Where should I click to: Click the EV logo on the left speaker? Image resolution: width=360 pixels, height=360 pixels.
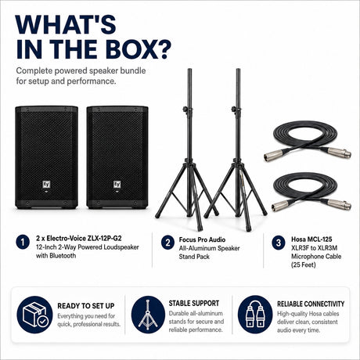tap(46, 185)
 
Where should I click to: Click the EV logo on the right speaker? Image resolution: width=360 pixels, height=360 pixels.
tap(117, 185)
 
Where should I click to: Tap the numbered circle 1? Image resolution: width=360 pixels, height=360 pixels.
tap(23, 242)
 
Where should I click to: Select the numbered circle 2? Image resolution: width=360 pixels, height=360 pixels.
tap(167, 243)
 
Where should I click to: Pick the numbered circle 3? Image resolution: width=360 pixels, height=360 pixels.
tap(279, 243)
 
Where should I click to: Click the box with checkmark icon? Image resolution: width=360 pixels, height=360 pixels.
tap(34, 315)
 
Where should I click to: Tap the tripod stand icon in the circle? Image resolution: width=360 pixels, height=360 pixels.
tap(148, 315)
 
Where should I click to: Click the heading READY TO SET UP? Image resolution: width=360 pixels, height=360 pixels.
tap(86, 306)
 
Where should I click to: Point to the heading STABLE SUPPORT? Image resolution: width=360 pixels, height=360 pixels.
tap(194, 304)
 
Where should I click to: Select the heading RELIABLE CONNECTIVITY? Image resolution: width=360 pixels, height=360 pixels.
tap(311, 304)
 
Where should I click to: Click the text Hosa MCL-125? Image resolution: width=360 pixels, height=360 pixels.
tap(311, 239)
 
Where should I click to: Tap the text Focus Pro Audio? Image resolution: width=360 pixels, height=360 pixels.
tap(202, 239)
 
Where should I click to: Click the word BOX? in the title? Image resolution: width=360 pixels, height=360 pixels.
tap(139, 49)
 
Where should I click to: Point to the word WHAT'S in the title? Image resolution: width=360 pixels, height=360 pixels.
tap(66, 24)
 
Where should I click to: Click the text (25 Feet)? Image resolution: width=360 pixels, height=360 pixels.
tap(304, 265)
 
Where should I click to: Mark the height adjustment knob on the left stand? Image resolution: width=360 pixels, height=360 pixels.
tap(186, 109)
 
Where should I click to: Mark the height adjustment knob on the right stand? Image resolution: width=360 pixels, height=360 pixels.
tap(234, 109)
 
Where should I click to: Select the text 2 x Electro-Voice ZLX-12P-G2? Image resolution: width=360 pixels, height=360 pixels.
tap(79, 238)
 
